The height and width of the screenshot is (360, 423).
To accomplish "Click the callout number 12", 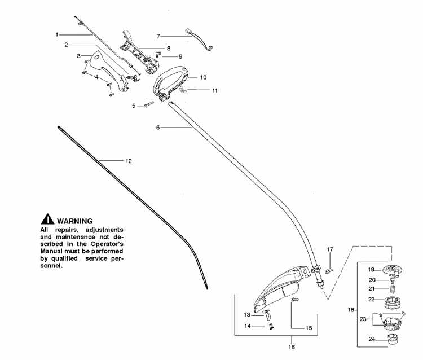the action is [x=129, y=161].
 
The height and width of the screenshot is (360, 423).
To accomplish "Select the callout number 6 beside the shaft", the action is [x=158, y=128].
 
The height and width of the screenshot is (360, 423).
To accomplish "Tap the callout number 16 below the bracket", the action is [x=292, y=347].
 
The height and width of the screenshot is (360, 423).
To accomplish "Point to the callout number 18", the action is [x=351, y=310].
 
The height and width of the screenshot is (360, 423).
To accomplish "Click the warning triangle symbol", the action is [x=47, y=219].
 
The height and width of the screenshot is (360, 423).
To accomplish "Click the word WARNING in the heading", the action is [x=74, y=221].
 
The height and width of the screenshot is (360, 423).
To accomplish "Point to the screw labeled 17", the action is [x=329, y=271].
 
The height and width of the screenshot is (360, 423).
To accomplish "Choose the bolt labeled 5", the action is [x=149, y=104].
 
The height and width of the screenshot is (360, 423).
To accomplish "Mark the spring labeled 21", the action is [x=393, y=289].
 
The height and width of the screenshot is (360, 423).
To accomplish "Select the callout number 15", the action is [x=309, y=328].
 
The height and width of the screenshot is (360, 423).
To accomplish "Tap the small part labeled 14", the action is [x=271, y=326].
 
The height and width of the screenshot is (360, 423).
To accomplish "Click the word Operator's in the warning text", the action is [x=107, y=244].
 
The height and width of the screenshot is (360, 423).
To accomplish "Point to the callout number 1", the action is [x=57, y=34].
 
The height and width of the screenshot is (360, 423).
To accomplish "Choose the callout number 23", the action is [x=363, y=319].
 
